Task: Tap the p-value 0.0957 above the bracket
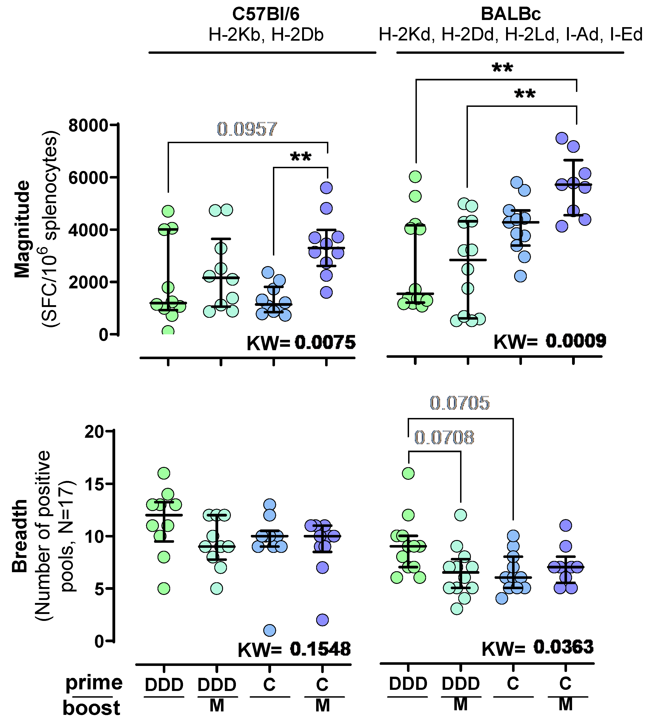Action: pyautogui.click(x=247, y=129)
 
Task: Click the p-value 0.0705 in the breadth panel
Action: pyautogui.click(x=460, y=403)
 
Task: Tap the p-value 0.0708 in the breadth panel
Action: pyautogui.click(x=444, y=438)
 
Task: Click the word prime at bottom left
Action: pyautogui.click(x=94, y=683)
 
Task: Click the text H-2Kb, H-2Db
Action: pyautogui.click(x=266, y=35)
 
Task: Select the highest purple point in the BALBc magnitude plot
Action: pyautogui.click(x=562, y=138)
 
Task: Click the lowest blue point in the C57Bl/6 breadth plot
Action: pyautogui.click(x=269, y=631)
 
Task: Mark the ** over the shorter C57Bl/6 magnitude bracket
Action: pyautogui.click(x=301, y=157)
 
